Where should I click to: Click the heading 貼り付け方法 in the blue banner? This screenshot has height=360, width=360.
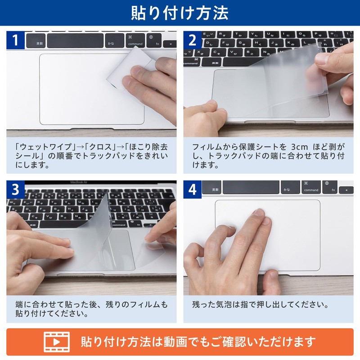coord(180,13)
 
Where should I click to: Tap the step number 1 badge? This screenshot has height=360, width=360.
coord(15,40)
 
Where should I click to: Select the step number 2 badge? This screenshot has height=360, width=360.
coord(193,40)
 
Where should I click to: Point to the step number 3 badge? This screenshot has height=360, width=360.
coord(15,189)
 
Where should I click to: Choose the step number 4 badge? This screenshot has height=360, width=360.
coord(193,189)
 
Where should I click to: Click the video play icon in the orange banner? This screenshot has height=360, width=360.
coord(57,342)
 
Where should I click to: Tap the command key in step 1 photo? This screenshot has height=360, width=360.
coord(135,40)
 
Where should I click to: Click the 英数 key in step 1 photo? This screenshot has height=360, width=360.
coord(36,40)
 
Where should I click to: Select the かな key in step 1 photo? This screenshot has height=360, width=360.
coord(115,40)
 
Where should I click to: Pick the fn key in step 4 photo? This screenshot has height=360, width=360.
coord(330,187)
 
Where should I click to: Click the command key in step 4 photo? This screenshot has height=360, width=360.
coord(311,187)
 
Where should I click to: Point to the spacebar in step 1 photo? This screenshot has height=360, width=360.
coord(75,40)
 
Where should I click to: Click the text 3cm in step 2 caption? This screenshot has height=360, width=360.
coord(299,147)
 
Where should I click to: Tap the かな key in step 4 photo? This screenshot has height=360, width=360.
coord(290,187)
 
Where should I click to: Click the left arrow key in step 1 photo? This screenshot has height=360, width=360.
coord(170,44)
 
